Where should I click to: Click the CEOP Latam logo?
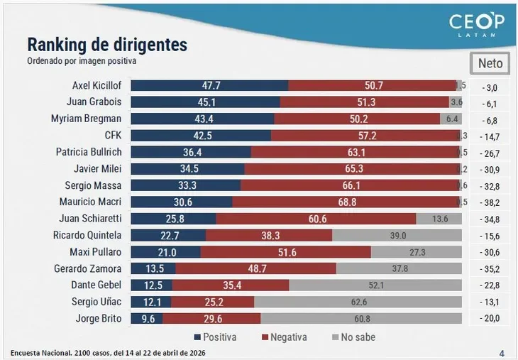(476, 26)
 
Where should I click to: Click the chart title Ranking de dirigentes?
(107, 45)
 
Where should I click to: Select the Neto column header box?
(490, 63)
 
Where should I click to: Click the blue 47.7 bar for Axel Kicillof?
(209, 85)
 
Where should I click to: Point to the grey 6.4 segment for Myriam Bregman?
(452, 119)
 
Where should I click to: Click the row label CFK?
(112, 135)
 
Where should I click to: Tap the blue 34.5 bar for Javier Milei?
(187, 168)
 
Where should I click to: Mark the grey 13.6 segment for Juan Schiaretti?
(440, 219)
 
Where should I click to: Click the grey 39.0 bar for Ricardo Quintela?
(397, 235)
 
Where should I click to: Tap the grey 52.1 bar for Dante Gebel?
(376, 285)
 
